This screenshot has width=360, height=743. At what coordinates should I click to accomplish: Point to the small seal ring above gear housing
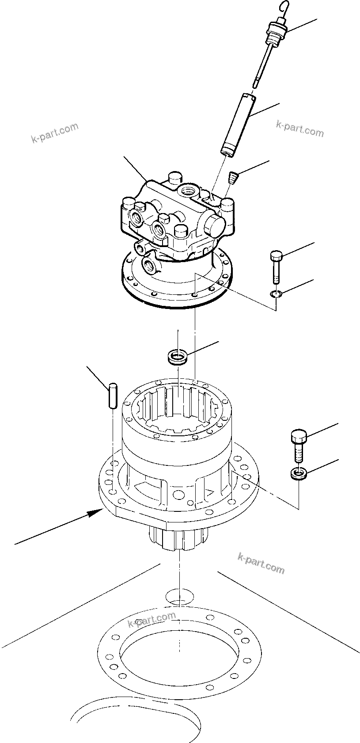pyautogui.click(x=178, y=356)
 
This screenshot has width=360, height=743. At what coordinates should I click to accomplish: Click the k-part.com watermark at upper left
pyautogui.click(x=55, y=133)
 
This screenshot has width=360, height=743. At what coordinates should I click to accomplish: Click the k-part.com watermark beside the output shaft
pyautogui.click(x=261, y=563)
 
